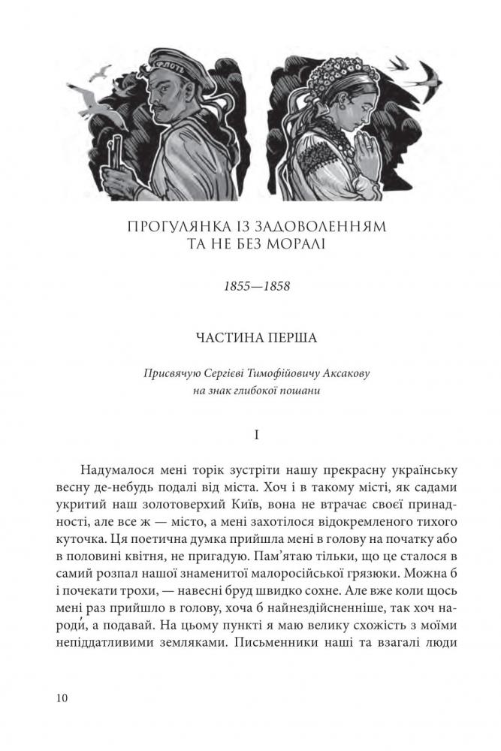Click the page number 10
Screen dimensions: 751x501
tap(62, 698)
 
